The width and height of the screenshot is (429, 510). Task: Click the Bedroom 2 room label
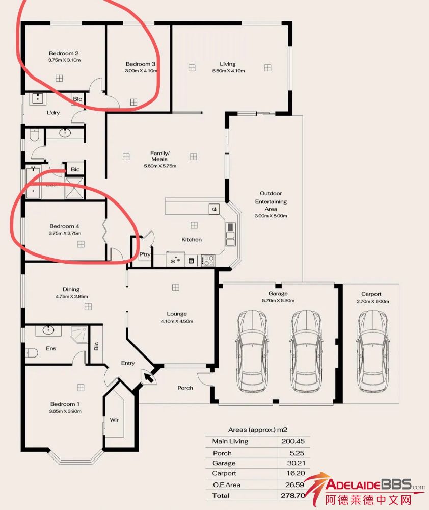(64, 53)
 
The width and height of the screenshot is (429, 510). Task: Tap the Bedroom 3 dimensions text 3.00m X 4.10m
(141, 71)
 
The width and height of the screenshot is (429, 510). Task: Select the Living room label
(228, 64)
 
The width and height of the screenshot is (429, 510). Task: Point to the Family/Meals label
(159, 156)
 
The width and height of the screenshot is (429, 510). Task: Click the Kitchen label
(192, 239)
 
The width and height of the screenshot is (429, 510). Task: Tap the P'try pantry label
(145, 254)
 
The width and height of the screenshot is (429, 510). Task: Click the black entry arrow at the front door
(149, 377)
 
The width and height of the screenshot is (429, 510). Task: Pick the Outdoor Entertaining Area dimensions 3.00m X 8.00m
(271, 216)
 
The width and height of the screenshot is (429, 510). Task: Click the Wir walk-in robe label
(114, 420)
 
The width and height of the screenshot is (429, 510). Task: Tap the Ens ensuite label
(51, 348)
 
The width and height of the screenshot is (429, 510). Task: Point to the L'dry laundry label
(53, 113)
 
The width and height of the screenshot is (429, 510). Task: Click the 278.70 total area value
(293, 495)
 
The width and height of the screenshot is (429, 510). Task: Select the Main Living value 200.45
(293, 441)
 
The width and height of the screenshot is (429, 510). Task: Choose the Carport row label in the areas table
(224, 473)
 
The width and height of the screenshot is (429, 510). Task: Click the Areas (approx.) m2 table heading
(258, 430)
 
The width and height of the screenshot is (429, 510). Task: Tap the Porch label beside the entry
(185, 388)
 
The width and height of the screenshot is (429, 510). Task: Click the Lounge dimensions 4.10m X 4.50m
(177, 321)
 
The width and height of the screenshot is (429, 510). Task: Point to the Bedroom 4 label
(64, 226)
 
